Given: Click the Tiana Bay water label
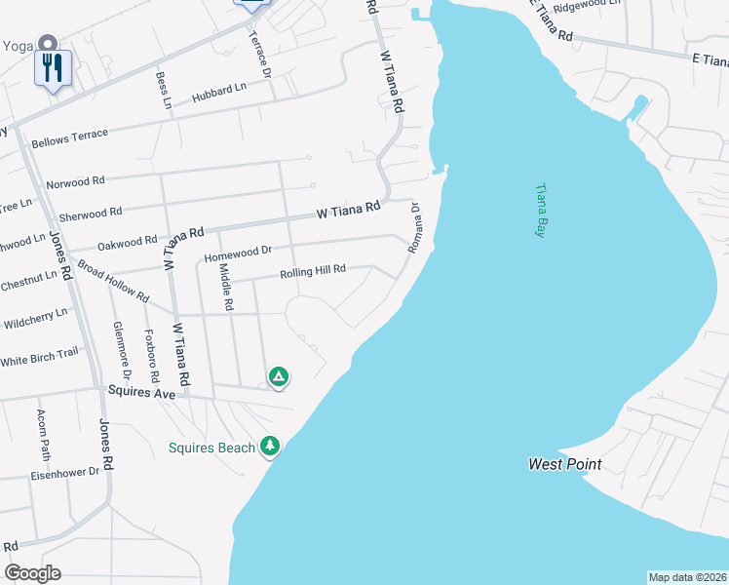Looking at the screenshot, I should point(540,212).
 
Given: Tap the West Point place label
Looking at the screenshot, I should point(564,464).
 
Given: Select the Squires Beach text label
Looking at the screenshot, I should point(211,448).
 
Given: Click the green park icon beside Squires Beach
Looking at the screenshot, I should point(270,447).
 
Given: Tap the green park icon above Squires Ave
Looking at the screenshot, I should point(279,375).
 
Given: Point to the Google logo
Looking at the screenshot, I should point(32,573).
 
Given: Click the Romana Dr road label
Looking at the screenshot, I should point(414,228).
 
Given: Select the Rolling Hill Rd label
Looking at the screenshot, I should point(313,272).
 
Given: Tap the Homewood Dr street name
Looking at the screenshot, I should point(238,253).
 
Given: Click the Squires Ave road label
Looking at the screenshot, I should point(141,393).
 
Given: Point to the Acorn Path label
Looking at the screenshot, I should point(43,434).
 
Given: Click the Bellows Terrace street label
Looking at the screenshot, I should point(69,138).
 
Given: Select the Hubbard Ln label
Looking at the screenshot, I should point(219,93).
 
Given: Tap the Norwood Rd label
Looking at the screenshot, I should point(74,181).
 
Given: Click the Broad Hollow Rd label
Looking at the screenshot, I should point(112,281).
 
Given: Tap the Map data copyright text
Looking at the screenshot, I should point(687,577).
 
